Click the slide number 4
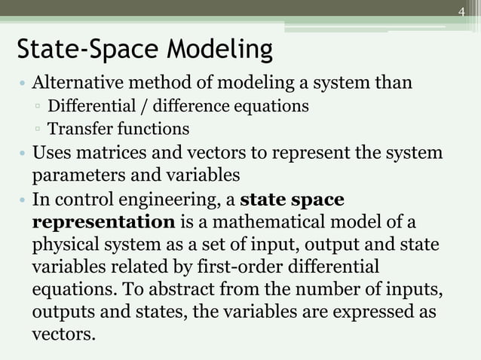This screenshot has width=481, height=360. pos(461,11)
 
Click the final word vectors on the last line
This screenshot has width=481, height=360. pos(63,334)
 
